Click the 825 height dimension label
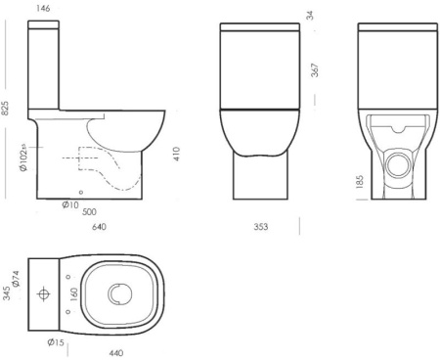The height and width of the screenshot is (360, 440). (x=6, y=108)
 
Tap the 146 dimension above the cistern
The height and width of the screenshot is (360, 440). (x=43, y=9)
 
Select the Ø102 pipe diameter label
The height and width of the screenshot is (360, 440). (x=23, y=157)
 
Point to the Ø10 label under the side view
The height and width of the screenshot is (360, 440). (x=70, y=204)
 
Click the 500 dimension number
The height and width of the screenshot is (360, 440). (x=89, y=212)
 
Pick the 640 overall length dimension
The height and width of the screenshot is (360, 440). (x=99, y=226)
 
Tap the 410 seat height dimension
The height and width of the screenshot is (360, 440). (x=176, y=154)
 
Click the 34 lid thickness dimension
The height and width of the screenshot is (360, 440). (x=310, y=16)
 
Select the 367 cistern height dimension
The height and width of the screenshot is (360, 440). (x=315, y=70)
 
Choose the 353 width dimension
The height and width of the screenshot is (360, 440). (x=261, y=226)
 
